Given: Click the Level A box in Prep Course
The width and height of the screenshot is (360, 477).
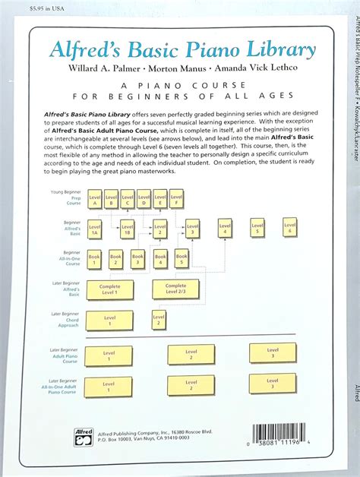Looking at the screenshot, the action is coord(94,199).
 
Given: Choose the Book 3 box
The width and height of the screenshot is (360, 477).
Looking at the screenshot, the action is coord(137,260).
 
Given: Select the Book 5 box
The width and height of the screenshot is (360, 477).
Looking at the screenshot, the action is coord(182,260).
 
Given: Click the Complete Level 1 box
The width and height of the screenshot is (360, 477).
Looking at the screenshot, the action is coord(109,289).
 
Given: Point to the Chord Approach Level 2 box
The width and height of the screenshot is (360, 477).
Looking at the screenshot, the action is coord(159,320).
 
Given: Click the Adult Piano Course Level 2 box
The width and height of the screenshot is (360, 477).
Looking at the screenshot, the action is coord(191,354).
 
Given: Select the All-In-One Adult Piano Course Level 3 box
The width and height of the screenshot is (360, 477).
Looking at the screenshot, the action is coord(272,384).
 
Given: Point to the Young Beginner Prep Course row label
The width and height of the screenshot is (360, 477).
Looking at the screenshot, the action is coord(65,198).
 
